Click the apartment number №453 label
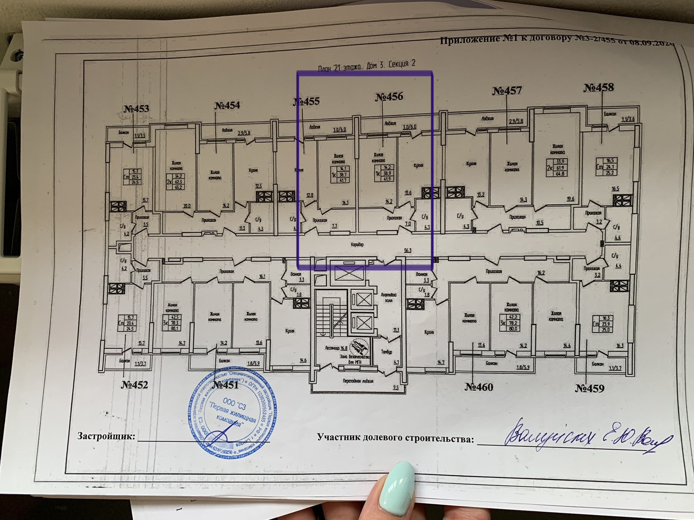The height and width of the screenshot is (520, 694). click(136, 109)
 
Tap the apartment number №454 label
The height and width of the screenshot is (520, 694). click(227, 105)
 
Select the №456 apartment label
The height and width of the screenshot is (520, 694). click(389, 97)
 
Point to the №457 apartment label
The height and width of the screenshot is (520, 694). click(507, 90)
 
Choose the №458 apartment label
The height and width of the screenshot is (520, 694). click(599, 87)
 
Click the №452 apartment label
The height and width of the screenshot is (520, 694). click(134, 385)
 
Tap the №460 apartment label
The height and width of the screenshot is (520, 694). click(479, 387)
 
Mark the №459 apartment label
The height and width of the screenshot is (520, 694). click(590, 388)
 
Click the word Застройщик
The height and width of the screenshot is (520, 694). click(106, 436)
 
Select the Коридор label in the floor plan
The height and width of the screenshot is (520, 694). click(357, 244)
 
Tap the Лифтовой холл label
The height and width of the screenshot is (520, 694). click(389, 298)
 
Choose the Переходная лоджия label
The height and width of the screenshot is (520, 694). click(358, 381)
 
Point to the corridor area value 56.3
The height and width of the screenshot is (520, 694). click(407, 250)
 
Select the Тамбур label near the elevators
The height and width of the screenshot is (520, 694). click(386, 352)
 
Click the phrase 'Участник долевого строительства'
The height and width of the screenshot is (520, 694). click(395, 438)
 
